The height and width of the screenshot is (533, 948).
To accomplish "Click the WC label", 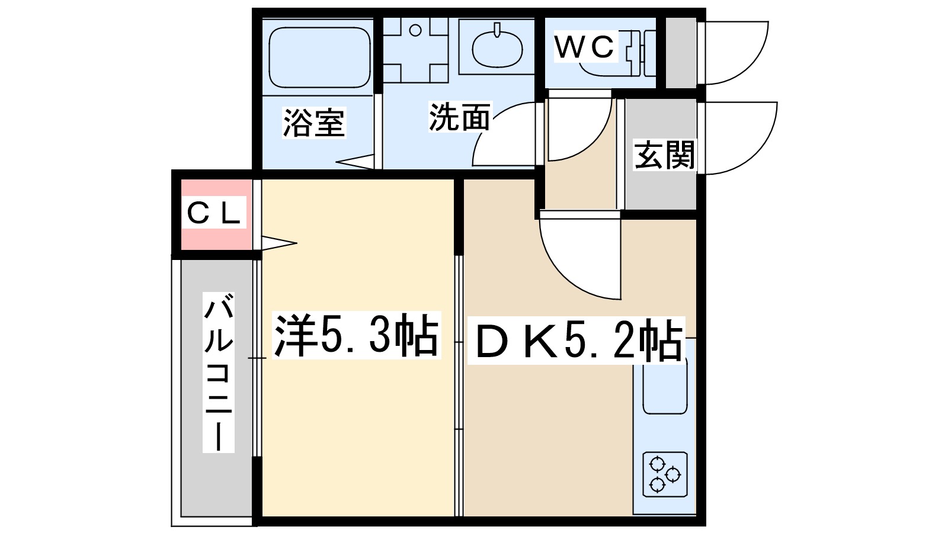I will coord(585,47).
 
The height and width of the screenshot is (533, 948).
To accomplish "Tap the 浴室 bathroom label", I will coord(313,123).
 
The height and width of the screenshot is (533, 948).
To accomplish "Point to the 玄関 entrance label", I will coord(664,155).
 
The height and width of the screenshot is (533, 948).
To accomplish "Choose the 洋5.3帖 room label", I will coord(356,335).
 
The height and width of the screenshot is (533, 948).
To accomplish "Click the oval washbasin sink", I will coord(497,48).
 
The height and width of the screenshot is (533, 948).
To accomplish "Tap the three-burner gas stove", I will coord(665,474).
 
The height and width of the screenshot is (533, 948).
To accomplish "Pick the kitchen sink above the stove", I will coord(665,388).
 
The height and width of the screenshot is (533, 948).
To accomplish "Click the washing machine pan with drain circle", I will coord(415,50).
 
